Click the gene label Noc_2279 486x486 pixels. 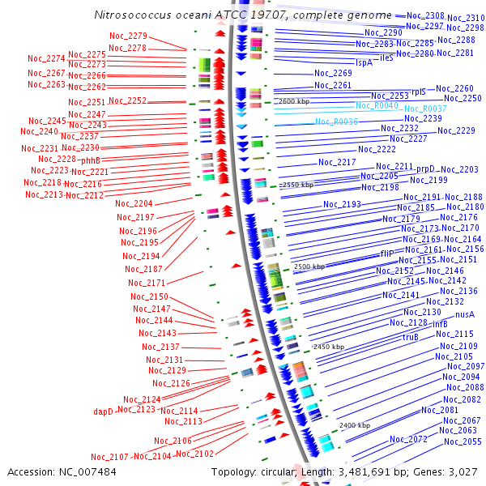coord(127,36)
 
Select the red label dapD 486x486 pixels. coord(103,411)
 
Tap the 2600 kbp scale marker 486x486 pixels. coord(294,102)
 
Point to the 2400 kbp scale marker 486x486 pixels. coord(355,425)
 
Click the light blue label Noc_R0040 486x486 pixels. coord(377,105)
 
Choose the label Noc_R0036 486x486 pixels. coord(336,122)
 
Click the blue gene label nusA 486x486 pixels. coord(465,314)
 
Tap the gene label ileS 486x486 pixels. coord(386,58)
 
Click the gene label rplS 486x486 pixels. coord(418,92)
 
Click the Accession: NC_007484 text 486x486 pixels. coord(62,471)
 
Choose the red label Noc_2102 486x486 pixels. coord(194,454)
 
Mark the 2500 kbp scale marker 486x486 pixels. coord(309,266)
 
